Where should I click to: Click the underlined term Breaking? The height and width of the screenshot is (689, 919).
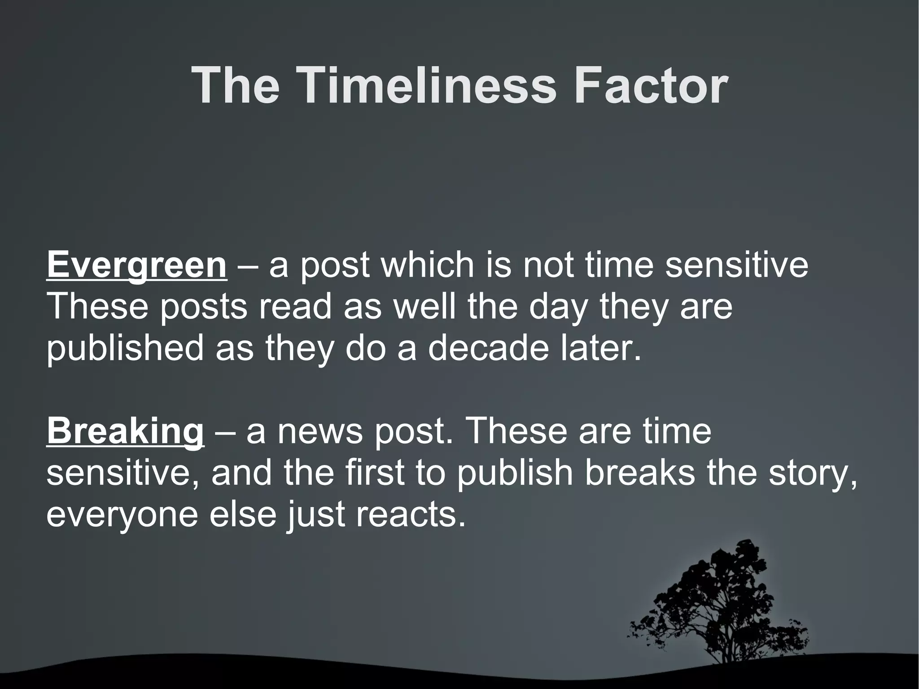[x=125, y=431]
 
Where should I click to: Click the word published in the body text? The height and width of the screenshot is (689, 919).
[x=125, y=349]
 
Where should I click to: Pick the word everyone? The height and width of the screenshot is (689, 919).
[x=122, y=515]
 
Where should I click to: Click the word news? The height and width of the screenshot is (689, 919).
[x=319, y=432]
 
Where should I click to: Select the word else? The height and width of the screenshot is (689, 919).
[x=243, y=514]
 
